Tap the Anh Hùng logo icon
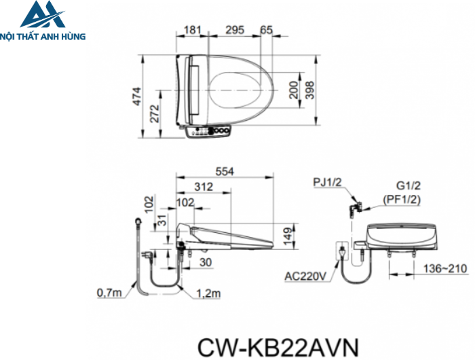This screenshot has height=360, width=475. click(42, 16)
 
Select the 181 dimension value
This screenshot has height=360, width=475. click(193, 29)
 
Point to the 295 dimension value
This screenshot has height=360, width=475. click(235, 29)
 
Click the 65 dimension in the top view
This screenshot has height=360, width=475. click(267, 29)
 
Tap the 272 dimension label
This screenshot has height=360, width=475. click(155, 113)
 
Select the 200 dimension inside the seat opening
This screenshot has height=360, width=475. click(294, 90)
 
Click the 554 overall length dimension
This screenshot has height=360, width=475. click(225, 172)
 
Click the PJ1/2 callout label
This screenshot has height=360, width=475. click(328, 182)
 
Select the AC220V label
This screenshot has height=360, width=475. click(304, 276)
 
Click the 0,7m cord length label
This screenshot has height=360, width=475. click(109, 293)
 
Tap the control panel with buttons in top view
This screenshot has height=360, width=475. click(210, 131)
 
